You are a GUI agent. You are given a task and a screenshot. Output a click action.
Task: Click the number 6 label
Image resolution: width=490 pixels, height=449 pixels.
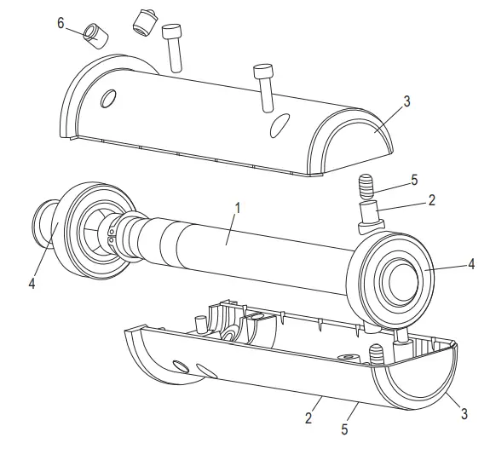click(61, 22)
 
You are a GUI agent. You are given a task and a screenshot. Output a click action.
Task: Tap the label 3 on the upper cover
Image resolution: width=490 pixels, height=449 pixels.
click(406, 101)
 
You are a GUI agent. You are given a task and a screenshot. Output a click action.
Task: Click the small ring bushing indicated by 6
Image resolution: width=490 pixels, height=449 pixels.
click(93, 37)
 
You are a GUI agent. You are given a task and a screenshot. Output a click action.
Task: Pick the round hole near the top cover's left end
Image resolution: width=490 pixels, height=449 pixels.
click(107, 100)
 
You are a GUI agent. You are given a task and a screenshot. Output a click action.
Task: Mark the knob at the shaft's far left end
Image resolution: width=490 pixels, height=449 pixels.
click(45, 226)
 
